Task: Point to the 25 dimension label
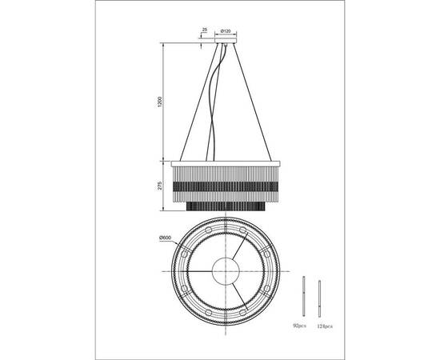click(x=206, y=30)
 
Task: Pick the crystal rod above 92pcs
click(x=306, y=298)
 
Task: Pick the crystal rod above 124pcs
click(x=321, y=298)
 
